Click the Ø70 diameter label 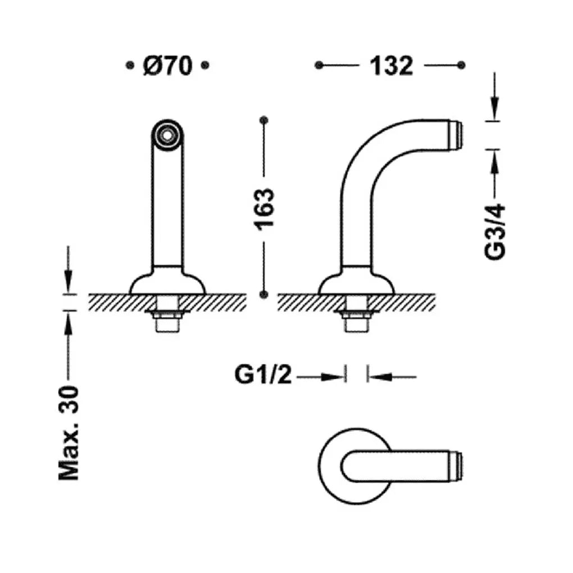(167, 66)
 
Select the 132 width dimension (391, 66)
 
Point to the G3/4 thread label (495, 231)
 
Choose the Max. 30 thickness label (69, 433)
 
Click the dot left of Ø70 (129, 65)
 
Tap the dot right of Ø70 (205, 65)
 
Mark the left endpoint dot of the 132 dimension (319, 65)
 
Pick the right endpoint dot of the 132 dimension (461, 65)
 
